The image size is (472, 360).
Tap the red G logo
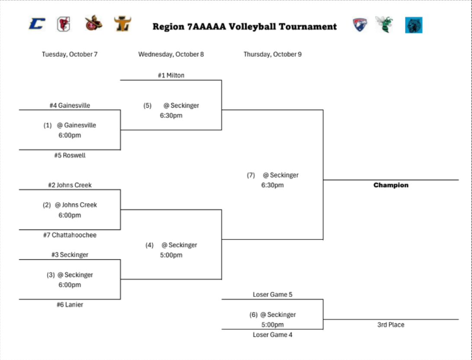click(x=64, y=24)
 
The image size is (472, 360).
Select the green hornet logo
click(x=384, y=25)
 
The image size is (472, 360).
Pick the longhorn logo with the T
click(x=123, y=24)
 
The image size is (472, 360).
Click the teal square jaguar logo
click(x=414, y=25)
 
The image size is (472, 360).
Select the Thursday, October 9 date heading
click(x=273, y=54)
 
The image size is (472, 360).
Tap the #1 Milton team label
click(x=171, y=75)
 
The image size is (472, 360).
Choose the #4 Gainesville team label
click(x=70, y=105)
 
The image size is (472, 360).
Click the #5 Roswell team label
click(x=70, y=155)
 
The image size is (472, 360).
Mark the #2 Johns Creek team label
click(x=70, y=185)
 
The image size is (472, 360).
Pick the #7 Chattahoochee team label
click(x=70, y=235)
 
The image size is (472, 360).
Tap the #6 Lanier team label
click(x=70, y=305)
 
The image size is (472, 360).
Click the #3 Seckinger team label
click(x=70, y=255)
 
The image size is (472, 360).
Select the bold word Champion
click(x=391, y=185)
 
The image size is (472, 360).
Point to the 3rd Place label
click(x=391, y=325)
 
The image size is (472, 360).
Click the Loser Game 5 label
click(x=273, y=294)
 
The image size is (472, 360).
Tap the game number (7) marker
click(x=251, y=175)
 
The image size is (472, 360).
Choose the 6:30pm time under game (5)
click(x=171, y=115)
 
